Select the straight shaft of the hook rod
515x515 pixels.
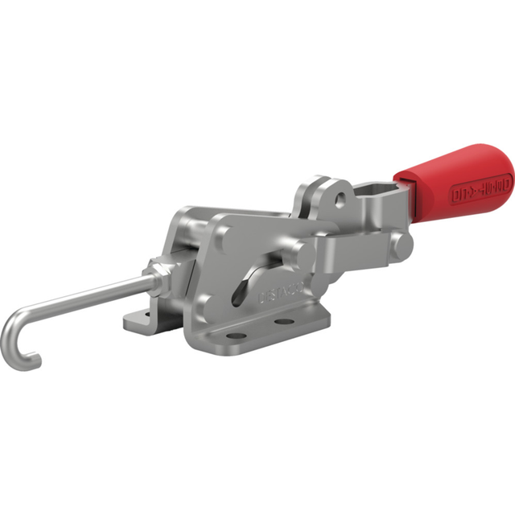click(x=89, y=296)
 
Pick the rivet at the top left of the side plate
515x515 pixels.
click(x=224, y=234)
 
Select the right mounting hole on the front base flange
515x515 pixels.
click(x=283, y=322)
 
